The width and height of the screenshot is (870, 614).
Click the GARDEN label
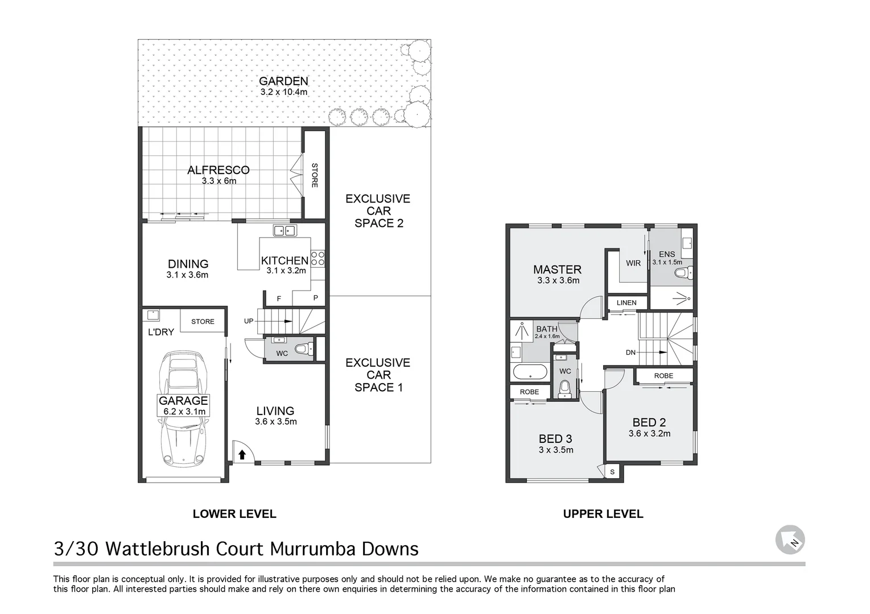[283, 81]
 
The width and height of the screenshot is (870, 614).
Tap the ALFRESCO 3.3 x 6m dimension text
[218, 181]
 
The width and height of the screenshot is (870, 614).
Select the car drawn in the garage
[183, 409]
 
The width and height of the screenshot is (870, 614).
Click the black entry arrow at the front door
[242, 454]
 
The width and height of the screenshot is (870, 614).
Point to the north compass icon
[790, 540]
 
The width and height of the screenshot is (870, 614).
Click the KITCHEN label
[284, 260]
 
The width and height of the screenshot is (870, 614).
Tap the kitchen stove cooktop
[318, 259]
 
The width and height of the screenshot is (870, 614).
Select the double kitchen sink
[284, 230]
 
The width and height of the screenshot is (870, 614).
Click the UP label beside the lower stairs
[249, 321]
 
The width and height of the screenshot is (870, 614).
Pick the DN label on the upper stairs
[630, 352]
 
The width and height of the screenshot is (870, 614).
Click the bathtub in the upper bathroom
[530, 373]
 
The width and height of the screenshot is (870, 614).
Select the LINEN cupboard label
[626, 302]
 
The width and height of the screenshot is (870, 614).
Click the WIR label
[633, 263]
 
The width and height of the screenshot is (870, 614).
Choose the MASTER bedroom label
[557, 269]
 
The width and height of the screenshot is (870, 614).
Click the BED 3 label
[555, 439]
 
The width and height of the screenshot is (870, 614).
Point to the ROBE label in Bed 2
[663, 376]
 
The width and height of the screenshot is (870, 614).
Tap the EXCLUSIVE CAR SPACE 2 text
[378, 211]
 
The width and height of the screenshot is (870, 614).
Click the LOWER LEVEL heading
[234, 514]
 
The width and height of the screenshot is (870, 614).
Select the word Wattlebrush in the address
[185, 549]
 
